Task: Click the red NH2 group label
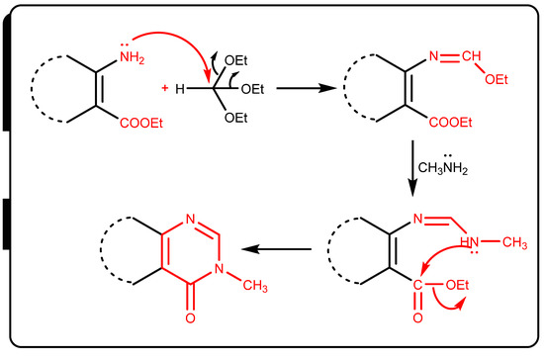(132, 57)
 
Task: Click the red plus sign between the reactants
(165, 88)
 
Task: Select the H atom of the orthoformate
(180, 89)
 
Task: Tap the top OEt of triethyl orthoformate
(236, 60)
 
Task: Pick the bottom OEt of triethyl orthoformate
(236, 118)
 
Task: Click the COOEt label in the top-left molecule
(141, 123)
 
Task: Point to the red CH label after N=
(472, 55)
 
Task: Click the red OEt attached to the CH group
(497, 80)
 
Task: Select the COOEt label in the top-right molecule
(450, 123)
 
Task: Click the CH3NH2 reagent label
(443, 167)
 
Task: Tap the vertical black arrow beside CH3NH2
(412, 168)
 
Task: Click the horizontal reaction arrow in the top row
(307, 88)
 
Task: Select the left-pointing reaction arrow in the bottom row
(276, 249)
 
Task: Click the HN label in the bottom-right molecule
(470, 241)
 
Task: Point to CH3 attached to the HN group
(515, 242)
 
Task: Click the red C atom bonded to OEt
(417, 285)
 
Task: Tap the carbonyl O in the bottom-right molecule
(417, 317)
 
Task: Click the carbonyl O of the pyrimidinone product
(190, 318)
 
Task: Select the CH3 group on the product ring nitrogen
(255, 286)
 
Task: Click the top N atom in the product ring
(191, 220)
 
